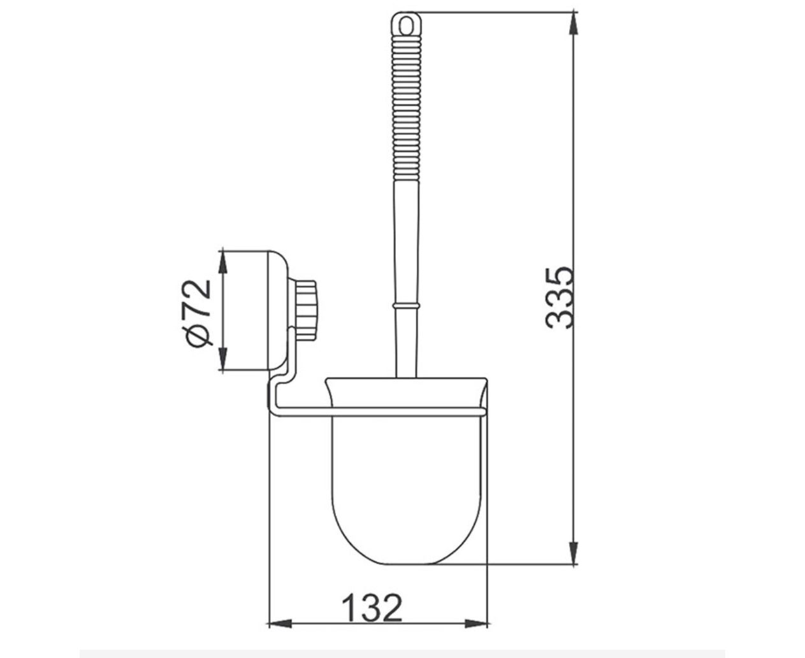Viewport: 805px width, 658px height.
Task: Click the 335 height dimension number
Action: tap(560, 297)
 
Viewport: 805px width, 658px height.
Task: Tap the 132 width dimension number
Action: tap(372, 607)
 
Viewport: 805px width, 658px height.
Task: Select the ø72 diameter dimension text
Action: tap(199, 313)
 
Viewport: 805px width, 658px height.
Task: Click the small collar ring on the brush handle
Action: tap(406, 306)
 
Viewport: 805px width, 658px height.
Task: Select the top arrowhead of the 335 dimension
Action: tap(573, 24)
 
